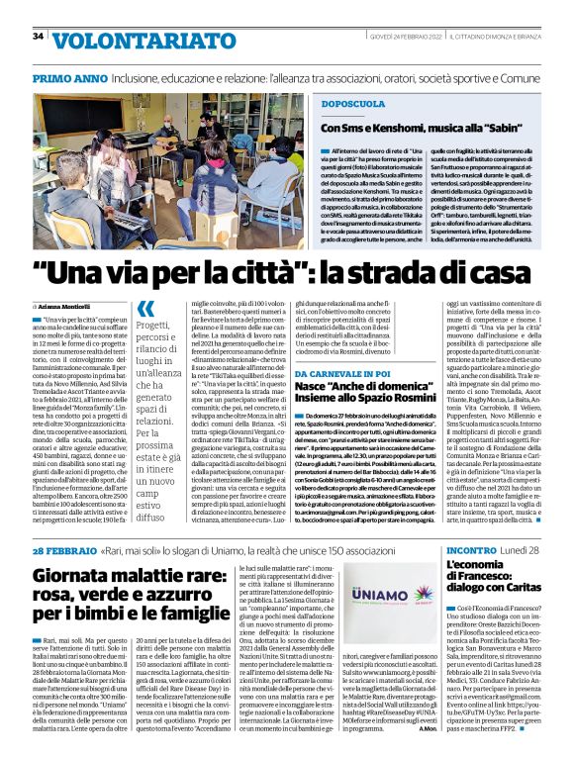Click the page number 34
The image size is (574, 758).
(x=38, y=37)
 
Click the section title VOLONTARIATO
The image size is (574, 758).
(x=120, y=41)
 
